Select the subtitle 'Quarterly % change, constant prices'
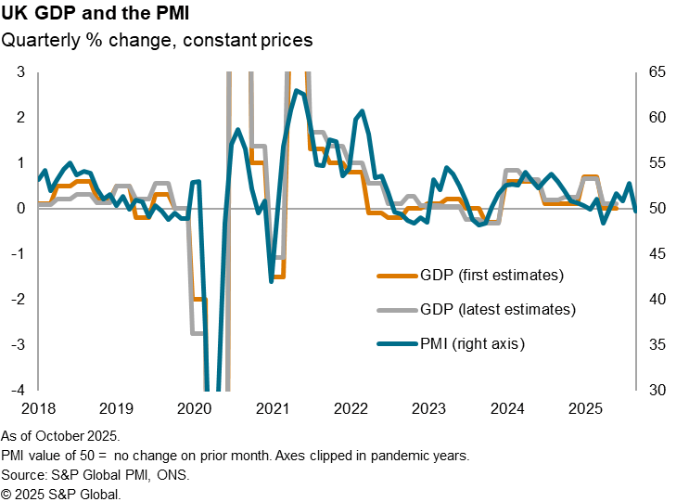click(x=157, y=40)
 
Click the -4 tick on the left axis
click(x=18, y=390)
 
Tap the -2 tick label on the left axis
click(x=18, y=299)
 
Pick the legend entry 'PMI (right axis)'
click(x=473, y=343)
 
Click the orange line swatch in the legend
click(x=396, y=275)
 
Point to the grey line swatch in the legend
click(x=396, y=309)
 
